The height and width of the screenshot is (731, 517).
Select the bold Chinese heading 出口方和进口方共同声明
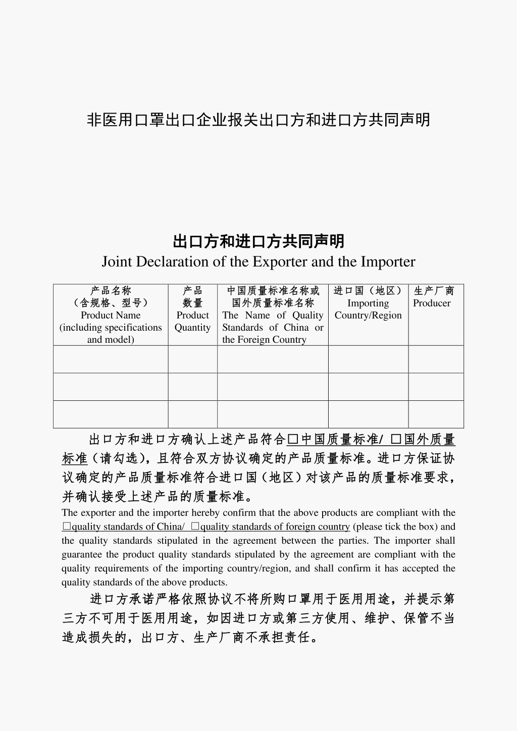click(258, 241)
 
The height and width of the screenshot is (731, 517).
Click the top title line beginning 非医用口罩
click(258, 120)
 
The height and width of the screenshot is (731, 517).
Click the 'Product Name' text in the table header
click(111, 315)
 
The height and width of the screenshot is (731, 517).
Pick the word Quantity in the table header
click(192, 327)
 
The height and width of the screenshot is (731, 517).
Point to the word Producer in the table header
click(432, 303)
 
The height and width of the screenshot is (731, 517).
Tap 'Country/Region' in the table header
click(368, 315)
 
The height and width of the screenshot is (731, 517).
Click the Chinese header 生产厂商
click(434, 291)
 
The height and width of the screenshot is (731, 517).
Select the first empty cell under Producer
click(436, 359)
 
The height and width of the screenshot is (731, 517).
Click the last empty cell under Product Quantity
click(192, 414)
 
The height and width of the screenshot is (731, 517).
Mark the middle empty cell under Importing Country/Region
click(368, 387)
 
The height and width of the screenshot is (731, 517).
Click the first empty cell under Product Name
click(111, 359)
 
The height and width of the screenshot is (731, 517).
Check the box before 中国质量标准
click(292, 440)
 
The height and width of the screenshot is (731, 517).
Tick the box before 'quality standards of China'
click(67, 527)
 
